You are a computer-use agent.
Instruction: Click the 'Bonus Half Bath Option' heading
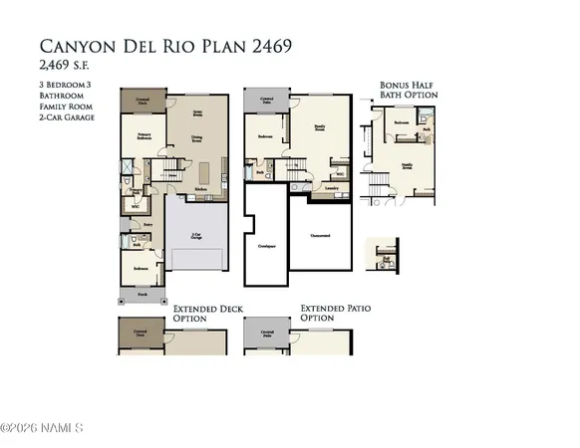(x=408, y=91)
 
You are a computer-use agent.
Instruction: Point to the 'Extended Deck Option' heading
(x=207, y=316)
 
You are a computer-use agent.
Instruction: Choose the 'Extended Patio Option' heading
(x=335, y=316)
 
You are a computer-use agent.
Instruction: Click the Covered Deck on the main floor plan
(x=143, y=101)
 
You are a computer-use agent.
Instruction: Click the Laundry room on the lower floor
(x=331, y=186)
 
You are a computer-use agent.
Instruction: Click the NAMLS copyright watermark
(x=42, y=429)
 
